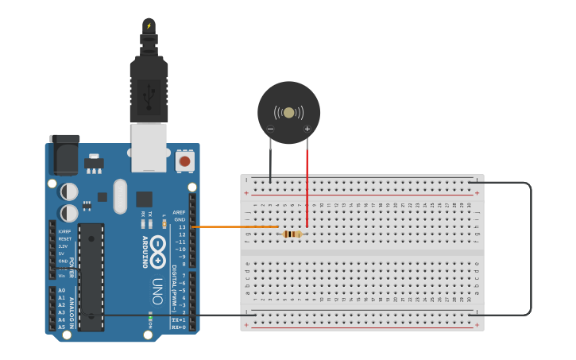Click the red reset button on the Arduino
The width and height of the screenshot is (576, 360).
184,161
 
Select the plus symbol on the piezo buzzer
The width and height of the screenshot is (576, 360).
307,129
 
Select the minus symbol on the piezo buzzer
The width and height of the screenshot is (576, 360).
270,129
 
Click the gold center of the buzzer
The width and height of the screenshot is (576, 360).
288,112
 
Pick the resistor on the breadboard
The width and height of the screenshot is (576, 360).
292,234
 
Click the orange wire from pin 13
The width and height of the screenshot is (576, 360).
234,227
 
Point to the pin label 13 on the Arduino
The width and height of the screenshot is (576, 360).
182,227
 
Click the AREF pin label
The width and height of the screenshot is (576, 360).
180,212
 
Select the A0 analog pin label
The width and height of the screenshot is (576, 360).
61,290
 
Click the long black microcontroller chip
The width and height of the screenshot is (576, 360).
91,277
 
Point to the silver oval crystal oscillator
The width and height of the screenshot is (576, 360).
120,195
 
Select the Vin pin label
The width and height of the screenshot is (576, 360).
62,275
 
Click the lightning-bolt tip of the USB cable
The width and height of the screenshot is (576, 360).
149,25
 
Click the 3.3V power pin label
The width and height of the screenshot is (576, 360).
64,246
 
